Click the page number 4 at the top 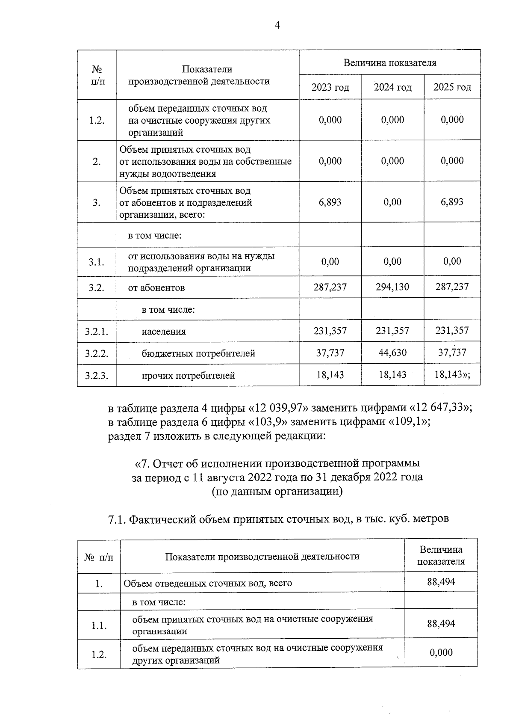point(277,26)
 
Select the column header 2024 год point(392,88)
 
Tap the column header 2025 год point(452,88)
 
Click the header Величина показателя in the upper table point(389,63)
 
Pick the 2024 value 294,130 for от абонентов point(392,287)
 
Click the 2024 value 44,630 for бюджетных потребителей point(392,353)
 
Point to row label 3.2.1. point(97,332)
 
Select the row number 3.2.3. point(97,376)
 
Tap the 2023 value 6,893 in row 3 point(330,202)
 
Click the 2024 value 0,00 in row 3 point(392,202)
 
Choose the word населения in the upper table point(164,332)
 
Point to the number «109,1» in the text point(407,422)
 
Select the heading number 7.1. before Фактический point(117,520)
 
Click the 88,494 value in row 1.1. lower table point(441,624)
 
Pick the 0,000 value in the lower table point(441,653)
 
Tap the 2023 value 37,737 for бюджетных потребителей point(330,353)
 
